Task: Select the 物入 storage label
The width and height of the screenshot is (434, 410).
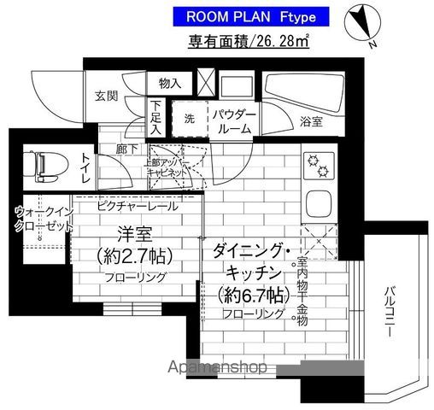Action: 169,84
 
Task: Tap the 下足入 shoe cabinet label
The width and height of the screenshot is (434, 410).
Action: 156,118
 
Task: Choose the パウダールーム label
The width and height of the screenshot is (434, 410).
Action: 232,120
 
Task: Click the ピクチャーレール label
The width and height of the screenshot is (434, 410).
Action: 135,206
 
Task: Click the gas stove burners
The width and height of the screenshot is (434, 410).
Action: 318,164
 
